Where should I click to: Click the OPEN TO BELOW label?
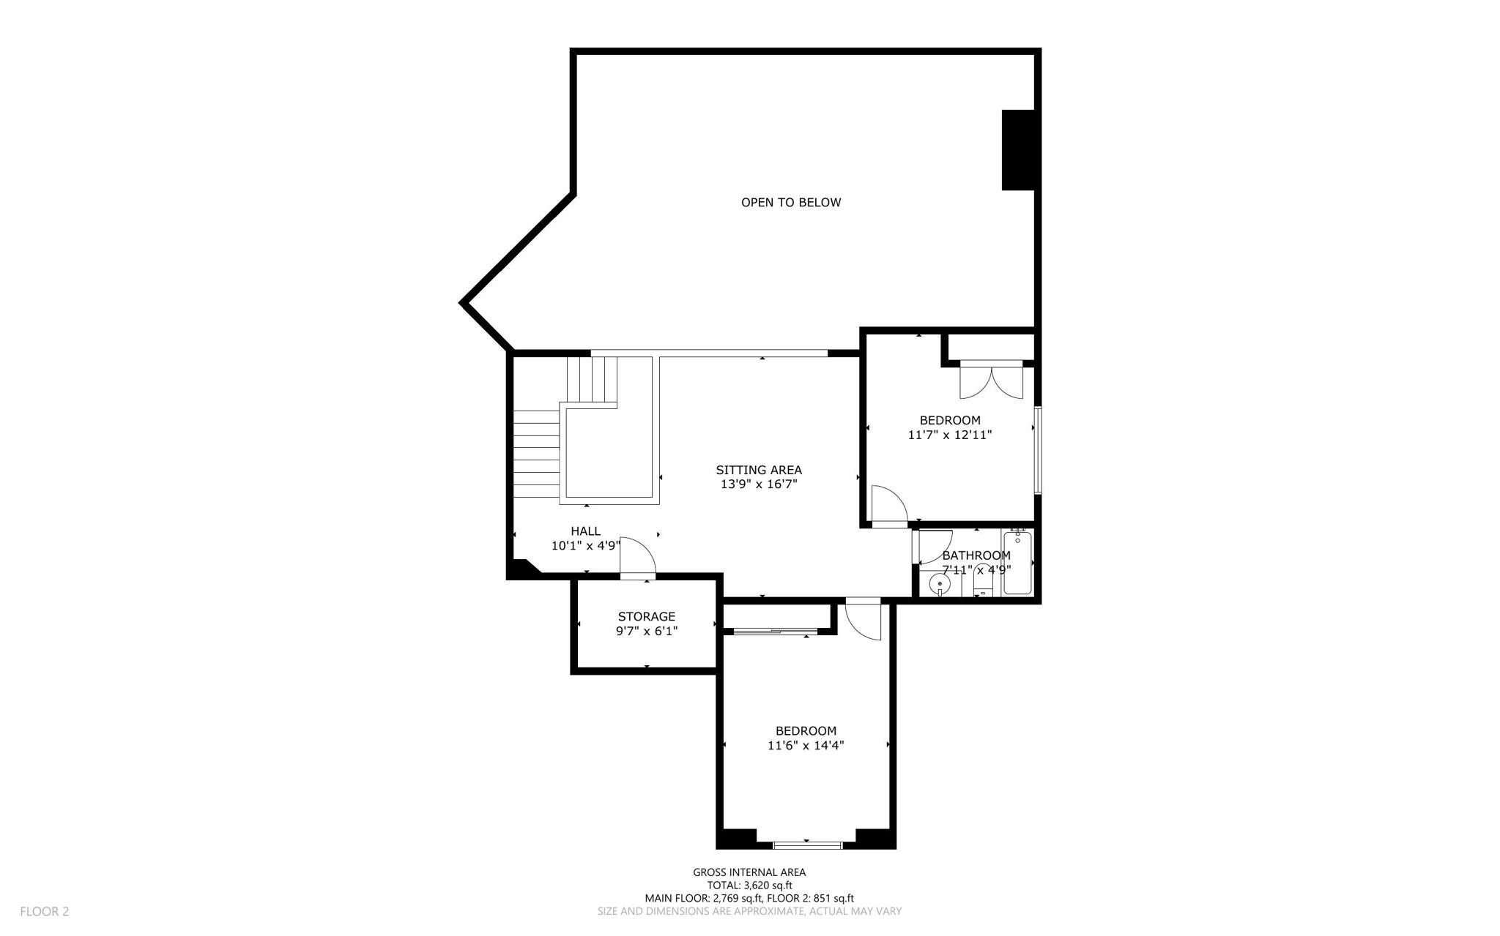pos(790,203)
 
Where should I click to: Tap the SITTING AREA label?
pos(758,470)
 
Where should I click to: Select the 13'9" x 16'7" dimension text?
pos(758,484)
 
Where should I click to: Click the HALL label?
pos(585,531)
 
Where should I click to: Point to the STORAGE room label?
pos(646,616)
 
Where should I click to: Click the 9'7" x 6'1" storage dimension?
pos(646,631)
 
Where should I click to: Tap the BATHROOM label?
pos(976,555)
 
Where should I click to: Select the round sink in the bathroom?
pos(939,584)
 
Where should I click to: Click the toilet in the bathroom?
pos(982,584)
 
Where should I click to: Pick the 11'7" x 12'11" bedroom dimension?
pos(950,435)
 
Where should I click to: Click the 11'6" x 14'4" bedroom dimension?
pos(806,746)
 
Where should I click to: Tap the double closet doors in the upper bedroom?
pos(991,381)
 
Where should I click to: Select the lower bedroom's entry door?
pos(862,621)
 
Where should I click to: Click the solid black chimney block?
pos(1018,150)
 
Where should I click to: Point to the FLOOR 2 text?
pos(44,911)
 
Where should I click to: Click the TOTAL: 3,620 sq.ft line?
pos(749,886)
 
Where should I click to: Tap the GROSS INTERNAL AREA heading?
pos(749,872)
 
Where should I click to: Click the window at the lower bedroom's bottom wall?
pos(806,845)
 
